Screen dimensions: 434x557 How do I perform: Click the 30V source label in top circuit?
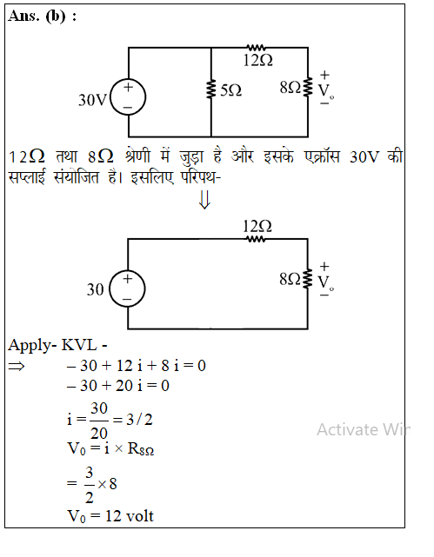[92, 100]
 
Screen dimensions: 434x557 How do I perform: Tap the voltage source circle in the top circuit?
[128, 97]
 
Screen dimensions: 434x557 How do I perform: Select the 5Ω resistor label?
[230, 90]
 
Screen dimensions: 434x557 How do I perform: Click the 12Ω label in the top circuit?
[258, 60]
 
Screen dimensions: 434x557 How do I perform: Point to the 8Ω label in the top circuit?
[290, 88]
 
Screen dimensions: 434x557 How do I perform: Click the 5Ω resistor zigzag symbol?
[211, 90]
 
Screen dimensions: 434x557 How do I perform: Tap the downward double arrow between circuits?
[204, 200]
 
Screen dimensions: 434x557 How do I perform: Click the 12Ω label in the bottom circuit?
[257, 226]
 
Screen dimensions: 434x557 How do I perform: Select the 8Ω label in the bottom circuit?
[290, 279]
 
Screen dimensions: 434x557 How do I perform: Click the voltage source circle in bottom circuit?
[127, 288]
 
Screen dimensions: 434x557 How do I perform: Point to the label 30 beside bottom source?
[96, 289]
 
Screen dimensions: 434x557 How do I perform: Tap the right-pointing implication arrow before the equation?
[17, 366]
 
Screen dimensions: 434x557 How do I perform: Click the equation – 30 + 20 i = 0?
[118, 386]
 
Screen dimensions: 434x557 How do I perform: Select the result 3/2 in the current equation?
[139, 420]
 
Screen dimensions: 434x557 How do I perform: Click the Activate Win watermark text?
[364, 429]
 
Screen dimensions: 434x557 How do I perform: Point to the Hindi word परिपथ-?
[201, 177]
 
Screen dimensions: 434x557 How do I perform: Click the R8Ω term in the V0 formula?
[141, 449]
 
